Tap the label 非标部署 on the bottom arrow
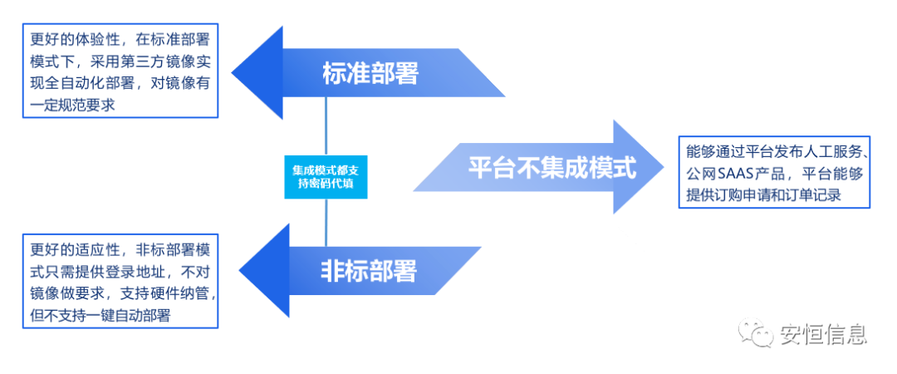point(368,270)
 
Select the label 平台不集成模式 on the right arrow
point(551,169)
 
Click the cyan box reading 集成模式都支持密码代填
point(324,175)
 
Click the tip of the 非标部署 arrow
point(240,269)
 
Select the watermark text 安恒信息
point(823,334)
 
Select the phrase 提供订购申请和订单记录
point(764,196)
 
